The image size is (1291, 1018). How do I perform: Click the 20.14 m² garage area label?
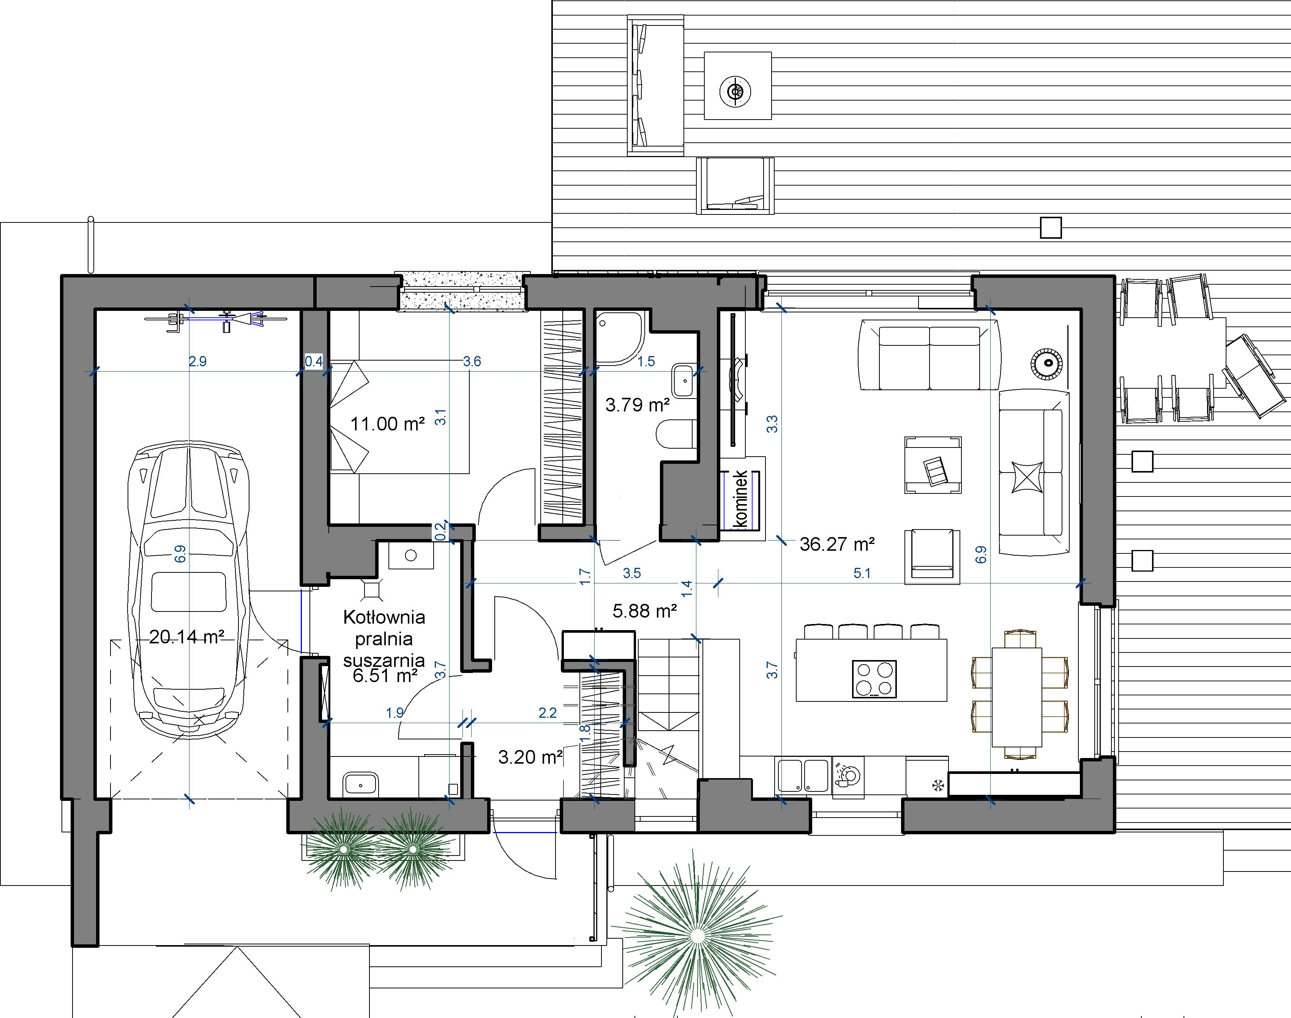187,637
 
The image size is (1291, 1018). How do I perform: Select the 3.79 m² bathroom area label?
638,405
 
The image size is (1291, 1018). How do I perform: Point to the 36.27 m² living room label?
837,544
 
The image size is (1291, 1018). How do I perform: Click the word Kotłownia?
384,617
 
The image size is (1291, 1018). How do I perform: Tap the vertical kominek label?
741,498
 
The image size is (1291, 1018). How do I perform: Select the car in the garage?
188,591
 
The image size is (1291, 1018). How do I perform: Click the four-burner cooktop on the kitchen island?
874,679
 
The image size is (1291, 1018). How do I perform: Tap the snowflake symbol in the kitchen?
938,786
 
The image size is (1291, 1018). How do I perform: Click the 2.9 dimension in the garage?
197,361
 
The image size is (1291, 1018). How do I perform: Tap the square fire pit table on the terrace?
738,86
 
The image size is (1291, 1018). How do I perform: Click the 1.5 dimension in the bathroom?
646,361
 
